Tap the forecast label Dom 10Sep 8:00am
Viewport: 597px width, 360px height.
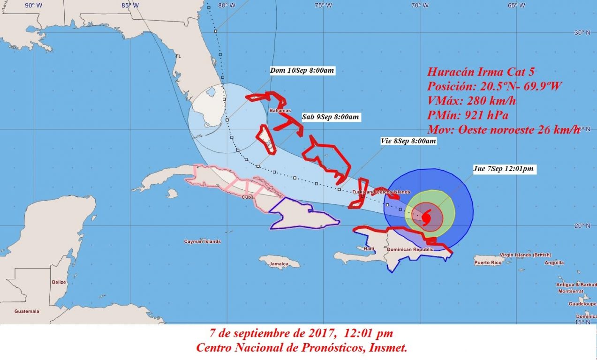(x=302, y=71)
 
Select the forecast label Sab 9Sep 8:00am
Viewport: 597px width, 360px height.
(x=331, y=117)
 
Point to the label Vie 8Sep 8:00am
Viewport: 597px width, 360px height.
(x=408, y=141)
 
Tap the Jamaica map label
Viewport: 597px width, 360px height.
(x=279, y=264)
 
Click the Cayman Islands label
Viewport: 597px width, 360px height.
(x=202, y=241)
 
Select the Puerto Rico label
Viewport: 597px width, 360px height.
(x=489, y=262)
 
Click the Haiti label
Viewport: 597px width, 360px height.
(x=369, y=248)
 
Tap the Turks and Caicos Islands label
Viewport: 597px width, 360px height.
(x=381, y=192)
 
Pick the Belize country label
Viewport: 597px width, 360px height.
(x=59, y=282)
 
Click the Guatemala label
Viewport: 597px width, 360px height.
(x=27, y=311)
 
